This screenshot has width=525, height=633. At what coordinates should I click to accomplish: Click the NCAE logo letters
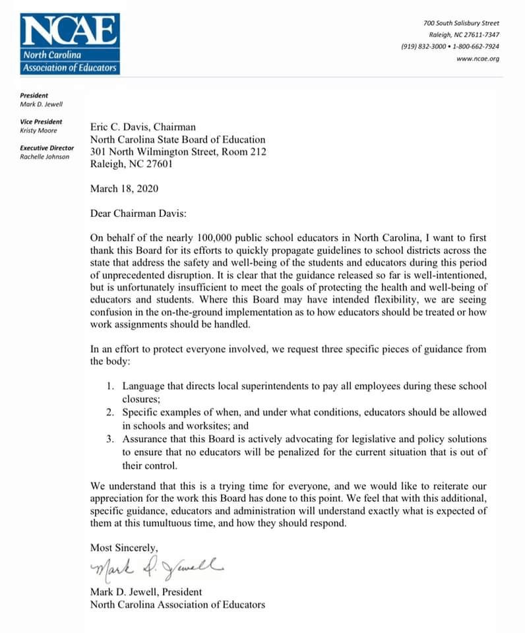point(70,31)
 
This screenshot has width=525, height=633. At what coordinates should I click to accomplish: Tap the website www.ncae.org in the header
point(478,59)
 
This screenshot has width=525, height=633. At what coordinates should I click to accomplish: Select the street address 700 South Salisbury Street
point(461,23)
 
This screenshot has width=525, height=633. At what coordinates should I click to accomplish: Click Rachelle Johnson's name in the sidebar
point(44,157)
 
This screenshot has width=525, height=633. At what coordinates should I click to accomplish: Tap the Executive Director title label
point(47,148)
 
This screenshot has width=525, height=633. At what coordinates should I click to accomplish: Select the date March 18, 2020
point(124,188)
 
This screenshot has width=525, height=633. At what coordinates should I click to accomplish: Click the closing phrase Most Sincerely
point(124,548)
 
